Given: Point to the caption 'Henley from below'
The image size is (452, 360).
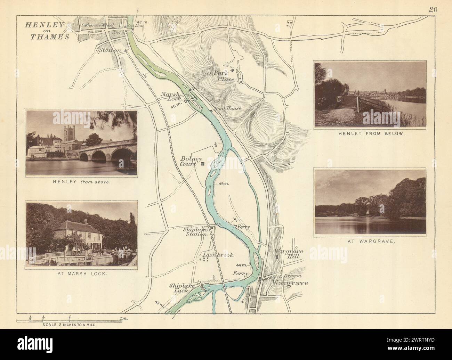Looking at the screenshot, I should point(370,133).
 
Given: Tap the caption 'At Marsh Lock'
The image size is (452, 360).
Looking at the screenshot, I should point(82,274).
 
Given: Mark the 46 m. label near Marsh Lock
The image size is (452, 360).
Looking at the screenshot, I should point(176,107).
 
